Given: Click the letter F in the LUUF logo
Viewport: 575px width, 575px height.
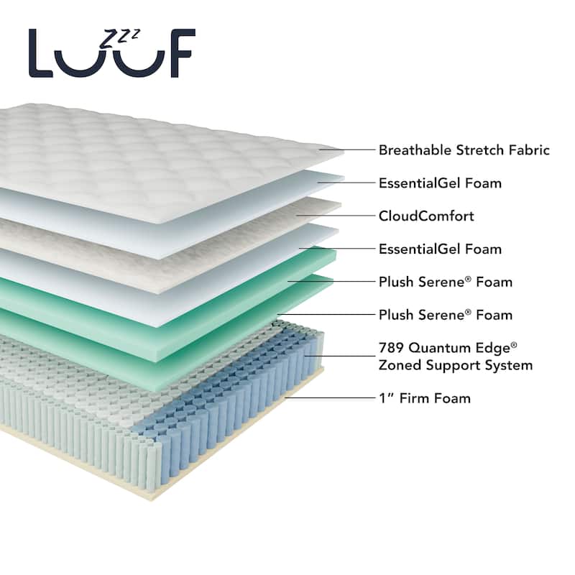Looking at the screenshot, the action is (x=180, y=53).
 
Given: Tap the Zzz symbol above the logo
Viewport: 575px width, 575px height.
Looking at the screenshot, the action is (x=120, y=38).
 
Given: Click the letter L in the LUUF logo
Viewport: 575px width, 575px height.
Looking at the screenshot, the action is (x=40, y=53).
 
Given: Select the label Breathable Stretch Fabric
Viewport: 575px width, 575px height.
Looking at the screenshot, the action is (x=464, y=150).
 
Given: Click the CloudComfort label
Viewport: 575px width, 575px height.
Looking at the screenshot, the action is (x=426, y=216).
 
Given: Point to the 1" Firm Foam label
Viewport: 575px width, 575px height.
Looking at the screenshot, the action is (x=425, y=398).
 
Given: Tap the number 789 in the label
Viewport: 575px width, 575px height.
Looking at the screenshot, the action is (x=391, y=348).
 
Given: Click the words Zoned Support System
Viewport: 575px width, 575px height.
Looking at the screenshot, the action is (x=456, y=365).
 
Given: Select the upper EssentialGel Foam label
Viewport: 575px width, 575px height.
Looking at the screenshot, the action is (x=440, y=183).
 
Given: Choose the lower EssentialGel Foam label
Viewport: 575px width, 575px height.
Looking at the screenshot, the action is (x=440, y=249).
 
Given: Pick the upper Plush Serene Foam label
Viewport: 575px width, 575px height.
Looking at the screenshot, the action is (x=446, y=282).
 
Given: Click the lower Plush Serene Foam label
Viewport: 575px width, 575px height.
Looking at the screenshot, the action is (x=446, y=315).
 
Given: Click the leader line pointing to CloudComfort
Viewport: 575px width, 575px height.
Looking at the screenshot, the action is (x=336, y=216).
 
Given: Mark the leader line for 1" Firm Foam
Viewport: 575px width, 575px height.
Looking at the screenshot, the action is (x=330, y=398).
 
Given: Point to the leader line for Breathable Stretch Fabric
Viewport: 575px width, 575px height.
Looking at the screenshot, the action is (x=347, y=149).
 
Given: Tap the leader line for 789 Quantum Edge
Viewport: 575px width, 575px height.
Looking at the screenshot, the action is (x=340, y=356).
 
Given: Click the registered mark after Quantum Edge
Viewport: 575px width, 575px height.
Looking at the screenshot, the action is (x=514, y=345).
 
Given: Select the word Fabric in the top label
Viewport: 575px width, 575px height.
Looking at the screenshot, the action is (x=529, y=150).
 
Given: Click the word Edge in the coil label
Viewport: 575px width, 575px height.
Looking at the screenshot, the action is (x=492, y=348).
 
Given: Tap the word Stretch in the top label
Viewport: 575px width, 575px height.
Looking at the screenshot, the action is (x=480, y=150).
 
